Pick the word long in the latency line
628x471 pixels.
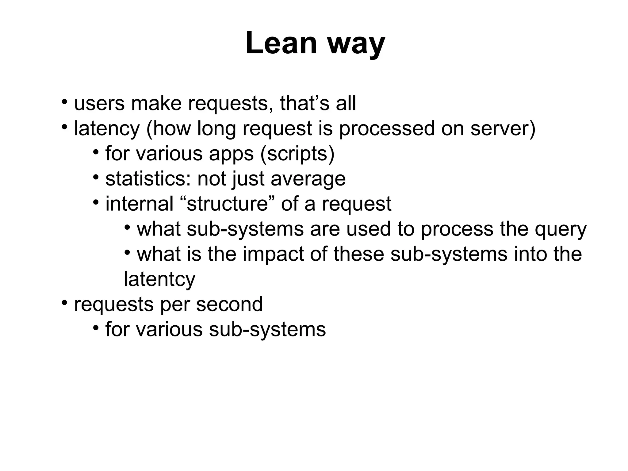216,129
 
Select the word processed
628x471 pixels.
387,129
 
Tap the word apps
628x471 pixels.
231,154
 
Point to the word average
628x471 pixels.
308,179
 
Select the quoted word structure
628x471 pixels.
227,204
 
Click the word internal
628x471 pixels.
140,204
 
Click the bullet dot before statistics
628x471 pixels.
96,177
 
